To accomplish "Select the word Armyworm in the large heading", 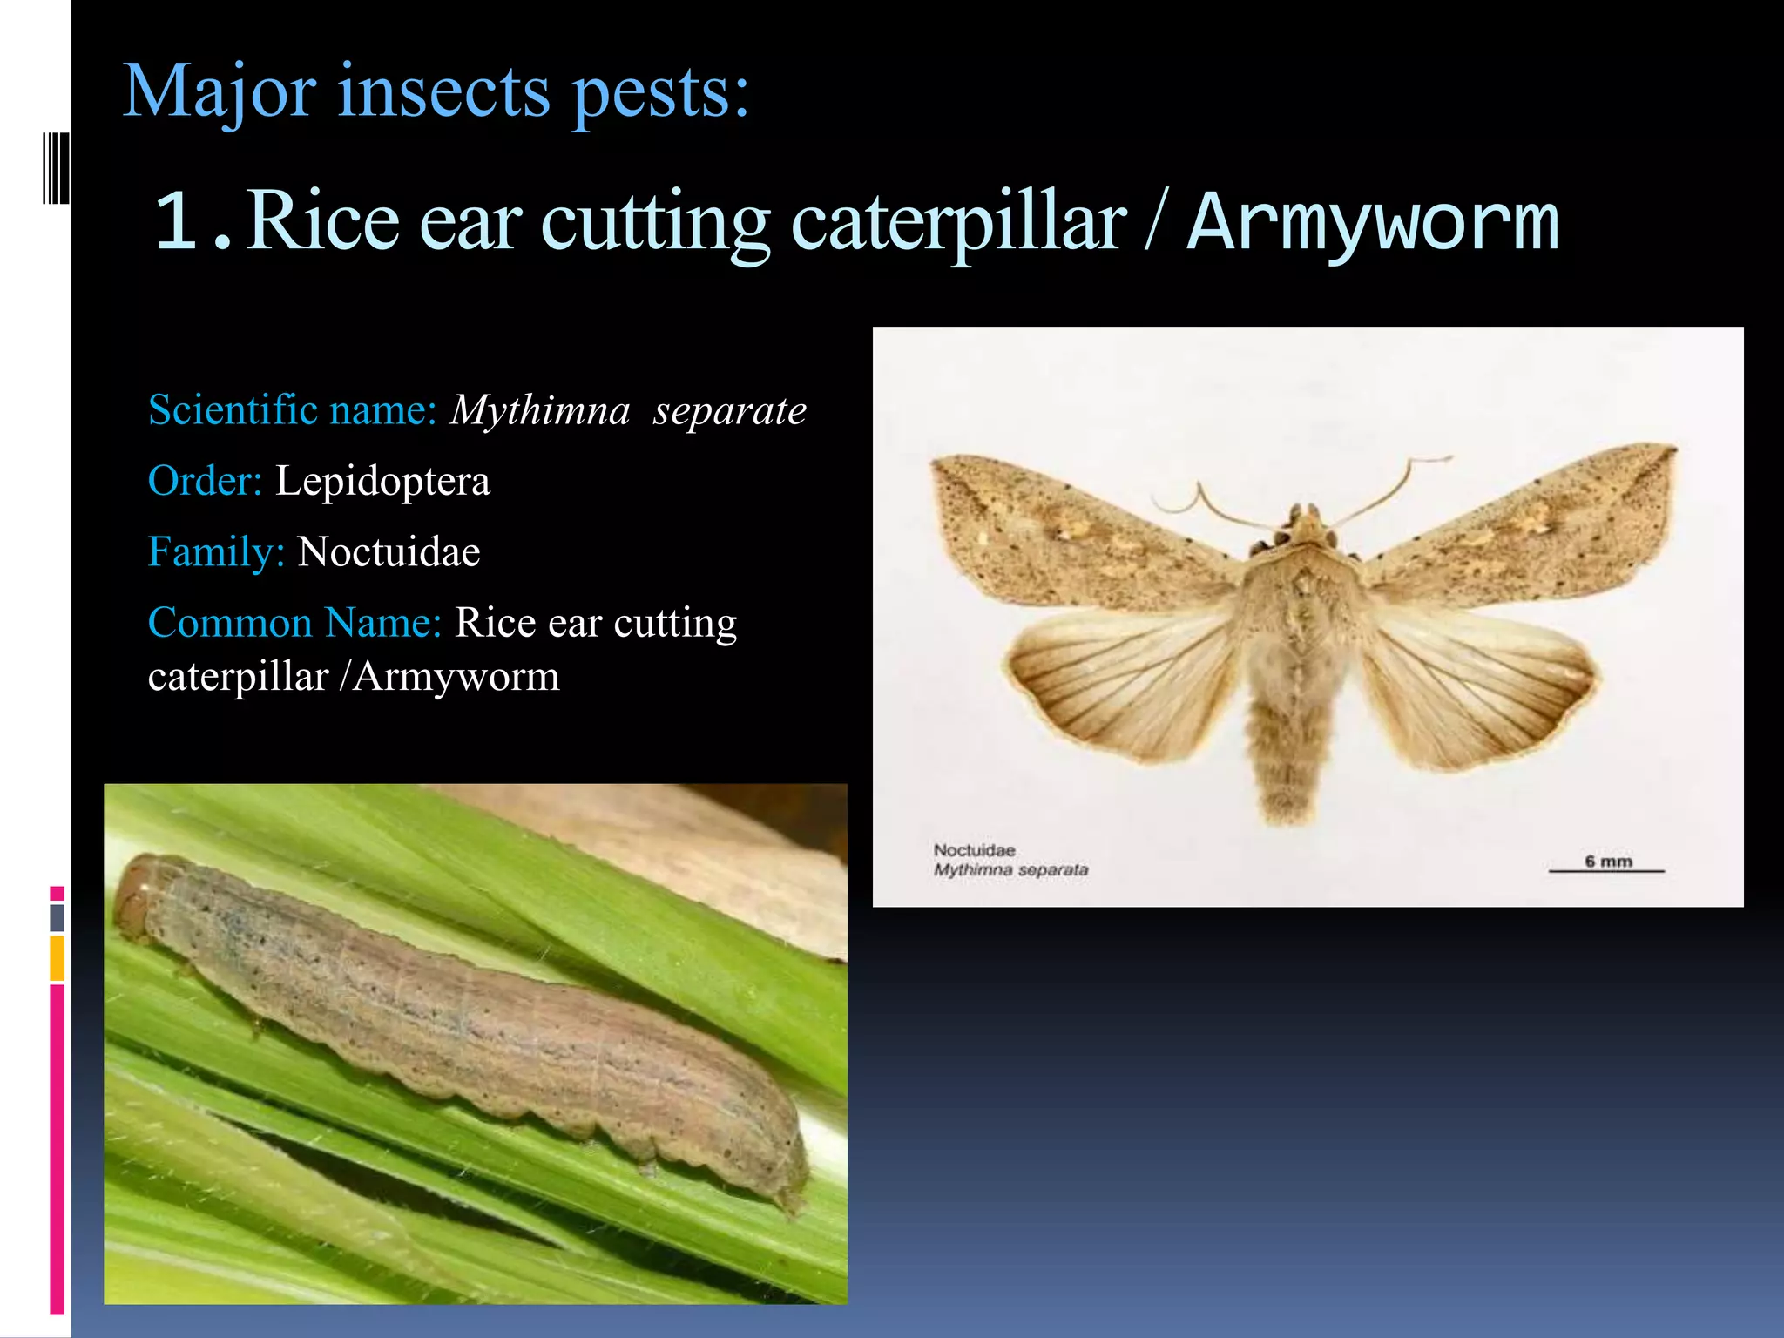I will [x=1373, y=223].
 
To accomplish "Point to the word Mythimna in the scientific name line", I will [x=540, y=410].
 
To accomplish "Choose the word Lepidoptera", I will [x=382, y=481].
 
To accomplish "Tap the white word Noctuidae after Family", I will [x=389, y=552].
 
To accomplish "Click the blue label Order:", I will [x=206, y=481].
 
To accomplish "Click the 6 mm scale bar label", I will [x=1608, y=862].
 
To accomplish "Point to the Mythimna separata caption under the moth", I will [x=1010, y=869].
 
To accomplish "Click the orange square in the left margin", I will [x=57, y=958].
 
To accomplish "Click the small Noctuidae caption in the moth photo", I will [x=974, y=849].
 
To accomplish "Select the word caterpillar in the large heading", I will [x=958, y=223].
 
